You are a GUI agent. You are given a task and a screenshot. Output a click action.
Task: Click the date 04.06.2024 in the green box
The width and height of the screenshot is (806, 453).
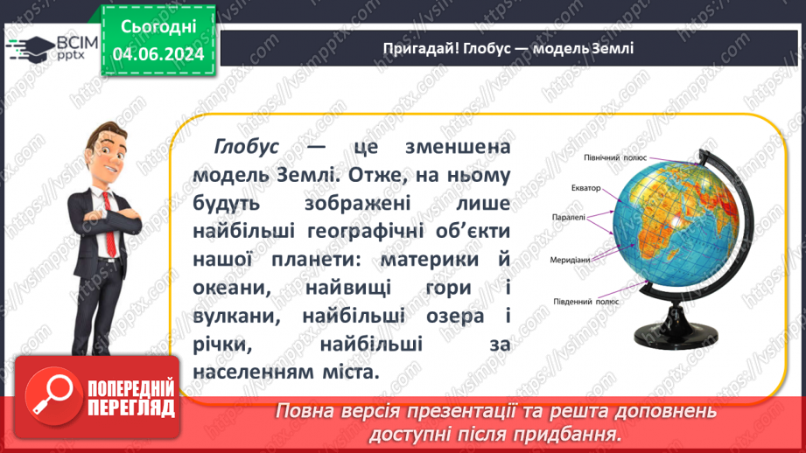coord(158,54)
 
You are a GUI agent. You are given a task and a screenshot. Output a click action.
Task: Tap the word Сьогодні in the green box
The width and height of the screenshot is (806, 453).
coord(158,27)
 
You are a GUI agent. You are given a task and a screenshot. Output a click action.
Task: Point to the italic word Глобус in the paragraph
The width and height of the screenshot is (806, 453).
coord(246,147)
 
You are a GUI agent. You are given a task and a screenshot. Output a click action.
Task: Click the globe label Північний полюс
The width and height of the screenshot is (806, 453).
coord(614,157)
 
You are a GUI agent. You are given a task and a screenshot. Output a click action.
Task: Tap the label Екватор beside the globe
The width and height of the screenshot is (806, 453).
coord(586,188)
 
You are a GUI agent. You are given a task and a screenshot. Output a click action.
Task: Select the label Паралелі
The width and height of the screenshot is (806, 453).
coord(569,217)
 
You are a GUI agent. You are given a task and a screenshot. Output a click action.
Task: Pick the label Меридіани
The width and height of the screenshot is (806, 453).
coord(570,260)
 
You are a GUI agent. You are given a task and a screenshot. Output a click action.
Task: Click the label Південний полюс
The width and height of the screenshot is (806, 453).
coord(586,302)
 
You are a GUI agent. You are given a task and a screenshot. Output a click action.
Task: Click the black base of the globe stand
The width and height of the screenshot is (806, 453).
coord(675,336)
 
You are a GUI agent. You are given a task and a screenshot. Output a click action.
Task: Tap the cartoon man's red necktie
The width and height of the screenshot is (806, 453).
coord(109,225)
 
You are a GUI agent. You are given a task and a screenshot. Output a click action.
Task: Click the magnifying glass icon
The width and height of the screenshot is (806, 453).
coord(51,396)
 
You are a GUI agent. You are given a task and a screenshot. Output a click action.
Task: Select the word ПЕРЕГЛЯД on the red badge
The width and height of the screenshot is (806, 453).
coord(131,408)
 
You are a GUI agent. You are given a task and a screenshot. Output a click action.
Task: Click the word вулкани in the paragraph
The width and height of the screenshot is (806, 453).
coord(236,316)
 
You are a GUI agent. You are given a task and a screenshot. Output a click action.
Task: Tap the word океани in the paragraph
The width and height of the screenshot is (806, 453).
coord(232,288)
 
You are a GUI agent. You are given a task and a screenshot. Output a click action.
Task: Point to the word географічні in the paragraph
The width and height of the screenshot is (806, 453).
coord(366,232)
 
